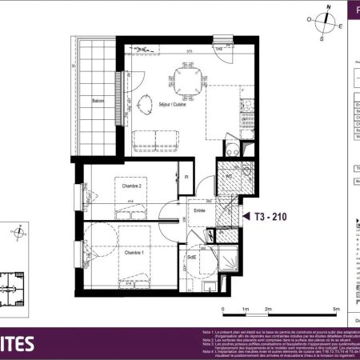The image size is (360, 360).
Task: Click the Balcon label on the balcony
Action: pos(98,100)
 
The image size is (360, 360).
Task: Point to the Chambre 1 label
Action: pos(134,252)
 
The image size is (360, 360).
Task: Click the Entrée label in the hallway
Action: pos(200,210)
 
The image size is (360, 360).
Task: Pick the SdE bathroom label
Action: pos(193,257)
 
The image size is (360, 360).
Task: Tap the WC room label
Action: pos(227,176)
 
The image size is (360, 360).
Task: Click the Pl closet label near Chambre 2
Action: pos(186,177)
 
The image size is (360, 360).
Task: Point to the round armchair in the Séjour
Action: pos(146,103)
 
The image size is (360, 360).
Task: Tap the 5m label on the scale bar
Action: pos(336,308)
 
